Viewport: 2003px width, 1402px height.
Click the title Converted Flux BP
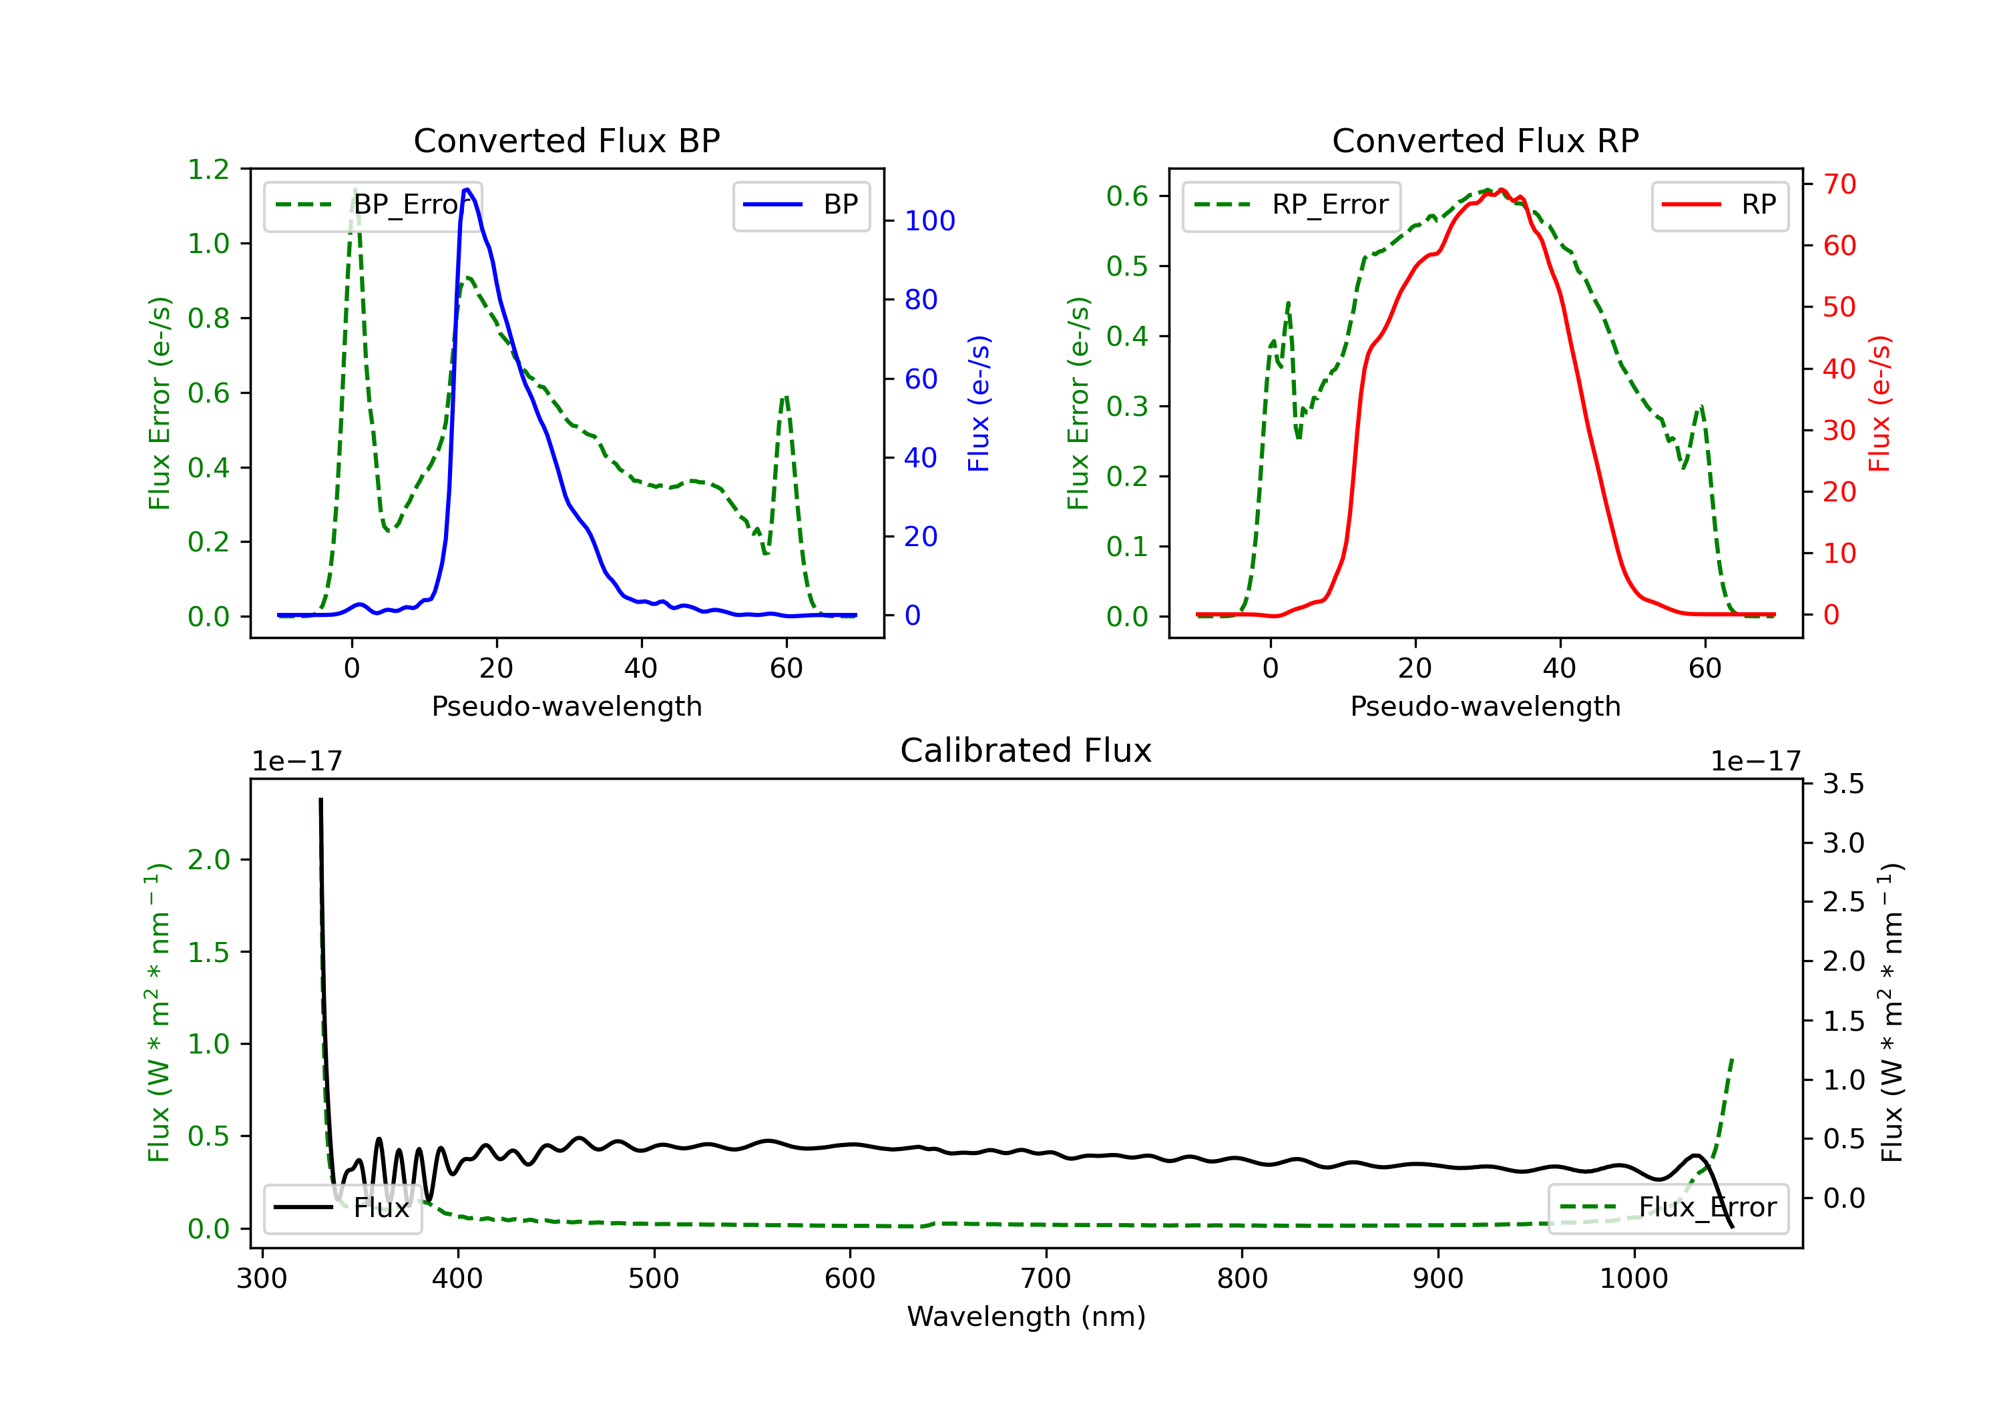pyautogui.click(x=566, y=140)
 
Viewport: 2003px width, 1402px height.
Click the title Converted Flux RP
pyautogui.click(x=1485, y=140)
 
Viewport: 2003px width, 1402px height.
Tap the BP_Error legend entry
pyautogui.click(x=373, y=205)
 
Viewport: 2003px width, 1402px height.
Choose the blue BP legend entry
pyautogui.click(x=801, y=205)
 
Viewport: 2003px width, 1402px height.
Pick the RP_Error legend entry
pyautogui.click(x=1291, y=205)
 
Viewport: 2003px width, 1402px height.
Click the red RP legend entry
pyautogui.click(x=1719, y=205)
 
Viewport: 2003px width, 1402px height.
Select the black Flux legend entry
pyautogui.click(x=342, y=1208)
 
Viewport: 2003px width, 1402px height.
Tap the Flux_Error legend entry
pyautogui.click(x=1667, y=1208)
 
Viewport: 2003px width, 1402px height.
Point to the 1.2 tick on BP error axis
pyautogui.click(x=208, y=170)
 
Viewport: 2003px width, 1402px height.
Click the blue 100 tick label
pyautogui.click(x=930, y=221)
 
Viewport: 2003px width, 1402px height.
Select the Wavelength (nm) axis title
pyautogui.click(x=1026, y=1317)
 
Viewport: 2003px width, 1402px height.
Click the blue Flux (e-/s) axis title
pyautogui.click(x=979, y=403)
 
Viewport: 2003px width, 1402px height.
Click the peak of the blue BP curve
pyautogui.click(x=467, y=190)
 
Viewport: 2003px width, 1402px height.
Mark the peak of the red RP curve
pyautogui.click(x=1502, y=190)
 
